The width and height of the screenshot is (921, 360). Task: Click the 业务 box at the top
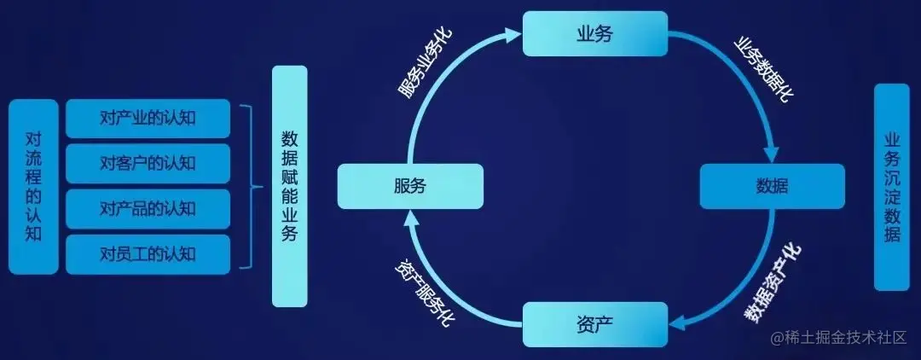tap(594, 33)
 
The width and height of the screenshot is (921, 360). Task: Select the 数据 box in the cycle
tap(772, 186)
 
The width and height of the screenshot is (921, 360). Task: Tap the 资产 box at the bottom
tap(594, 323)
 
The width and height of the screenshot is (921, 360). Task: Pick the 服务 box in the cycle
tap(410, 186)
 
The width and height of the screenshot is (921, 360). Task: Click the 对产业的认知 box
tap(148, 118)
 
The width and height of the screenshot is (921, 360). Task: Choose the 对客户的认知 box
tap(148, 163)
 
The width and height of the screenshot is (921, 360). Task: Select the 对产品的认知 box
tap(148, 208)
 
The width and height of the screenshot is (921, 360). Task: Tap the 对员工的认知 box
tap(148, 253)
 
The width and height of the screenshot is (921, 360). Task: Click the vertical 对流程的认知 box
tap(33, 186)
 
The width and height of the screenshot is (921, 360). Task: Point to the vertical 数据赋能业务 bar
tap(289, 186)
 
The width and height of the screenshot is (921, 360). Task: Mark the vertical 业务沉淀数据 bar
tap(892, 186)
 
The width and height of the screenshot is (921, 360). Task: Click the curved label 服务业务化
tap(426, 67)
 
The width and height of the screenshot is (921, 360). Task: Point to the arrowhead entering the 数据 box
tap(771, 154)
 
